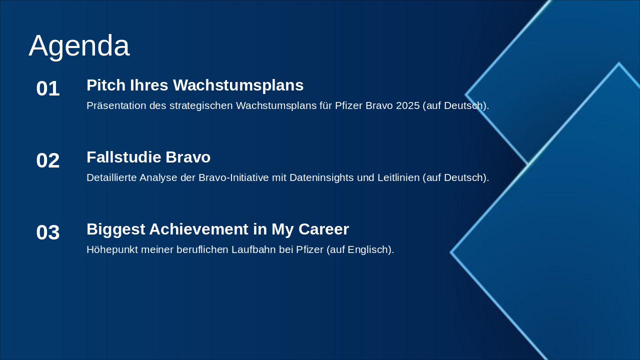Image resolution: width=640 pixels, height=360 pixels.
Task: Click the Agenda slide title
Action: tap(79, 45)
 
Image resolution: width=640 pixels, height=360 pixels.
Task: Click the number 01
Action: tap(48, 88)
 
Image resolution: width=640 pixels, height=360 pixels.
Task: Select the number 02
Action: tap(48, 160)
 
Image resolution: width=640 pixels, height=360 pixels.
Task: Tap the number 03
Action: tap(48, 232)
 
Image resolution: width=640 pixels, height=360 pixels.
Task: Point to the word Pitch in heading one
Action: tap(106, 85)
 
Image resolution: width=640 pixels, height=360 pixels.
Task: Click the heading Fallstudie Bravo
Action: tap(148, 157)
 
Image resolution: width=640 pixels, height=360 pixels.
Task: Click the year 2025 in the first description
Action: tap(405, 105)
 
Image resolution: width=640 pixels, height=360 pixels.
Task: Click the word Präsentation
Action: tap(116, 105)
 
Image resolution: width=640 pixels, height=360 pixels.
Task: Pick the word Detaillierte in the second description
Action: tap(111, 177)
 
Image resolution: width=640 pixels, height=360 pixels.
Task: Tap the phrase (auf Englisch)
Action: tap(360, 249)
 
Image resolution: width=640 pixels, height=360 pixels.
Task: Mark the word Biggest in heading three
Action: tap(115, 229)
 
